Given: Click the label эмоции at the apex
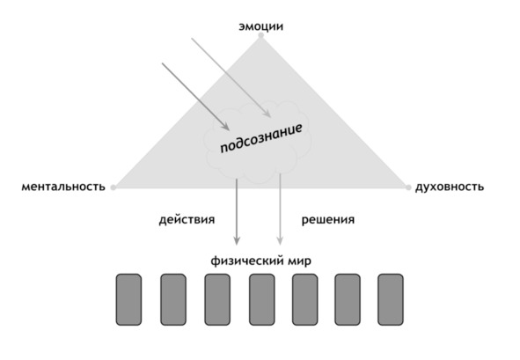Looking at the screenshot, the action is pos(261,26).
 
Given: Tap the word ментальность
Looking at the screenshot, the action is pos(63,187).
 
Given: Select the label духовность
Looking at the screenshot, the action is pos(450,187).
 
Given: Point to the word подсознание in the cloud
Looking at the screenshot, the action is pos(261,138).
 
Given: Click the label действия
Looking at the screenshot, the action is pos(187,220).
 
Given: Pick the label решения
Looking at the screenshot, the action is pos(328,220).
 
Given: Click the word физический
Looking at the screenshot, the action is pos(246,261).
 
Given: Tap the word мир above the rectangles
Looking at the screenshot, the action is pos(299,261).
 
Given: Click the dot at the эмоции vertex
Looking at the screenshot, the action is pos(261,35).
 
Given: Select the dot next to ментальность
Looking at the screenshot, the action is pos(114,187).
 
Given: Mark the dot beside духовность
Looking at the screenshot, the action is pos(408,187).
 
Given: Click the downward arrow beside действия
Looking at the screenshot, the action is pos(237,211).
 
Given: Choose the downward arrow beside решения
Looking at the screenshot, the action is pos(280,209).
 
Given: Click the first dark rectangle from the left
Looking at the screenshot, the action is pos(128,299).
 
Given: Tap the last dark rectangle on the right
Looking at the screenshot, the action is pos(391,299).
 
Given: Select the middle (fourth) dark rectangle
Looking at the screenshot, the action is pos(262,299).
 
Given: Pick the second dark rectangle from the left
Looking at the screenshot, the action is pos(173,299).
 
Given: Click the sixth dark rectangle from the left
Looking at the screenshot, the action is pos(348,299).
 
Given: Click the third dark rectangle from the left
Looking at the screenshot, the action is pos(217,299).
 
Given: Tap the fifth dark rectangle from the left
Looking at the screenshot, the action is pos(304,299).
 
